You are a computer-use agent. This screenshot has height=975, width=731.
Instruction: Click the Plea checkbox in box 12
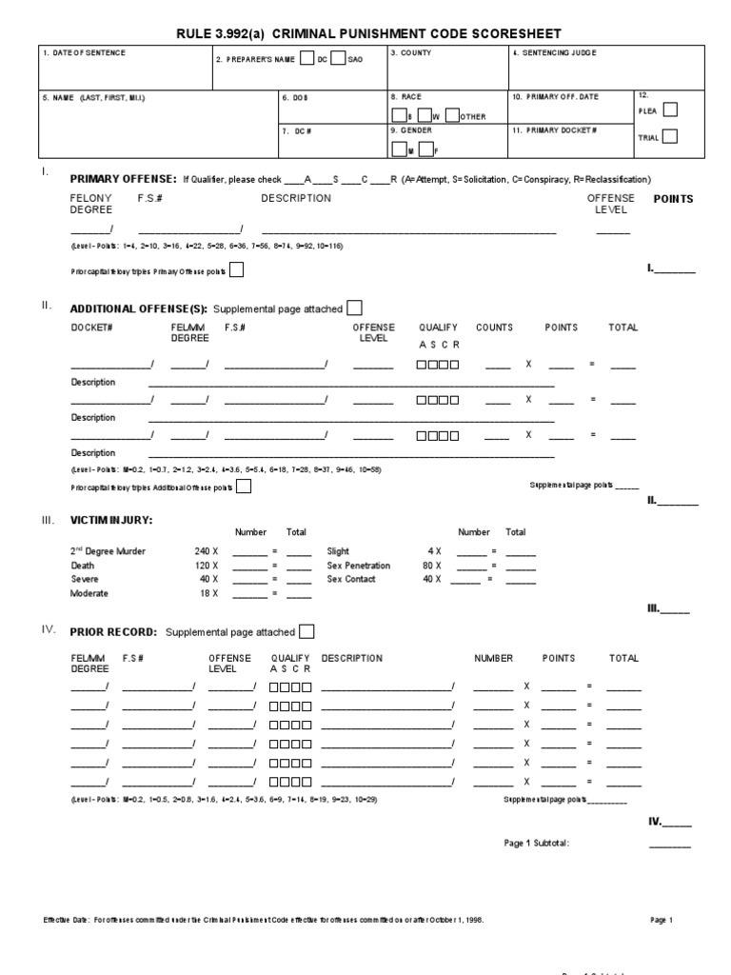click(x=670, y=109)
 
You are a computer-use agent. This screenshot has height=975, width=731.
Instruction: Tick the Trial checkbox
click(x=670, y=136)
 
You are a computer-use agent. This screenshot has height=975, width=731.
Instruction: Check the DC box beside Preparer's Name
click(x=306, y=58)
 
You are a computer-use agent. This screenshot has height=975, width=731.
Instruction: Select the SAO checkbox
click(x=338, y=58)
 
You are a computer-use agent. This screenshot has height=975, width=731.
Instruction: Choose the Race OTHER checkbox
click(x=453, y=115)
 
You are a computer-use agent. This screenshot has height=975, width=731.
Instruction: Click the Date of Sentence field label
click(x=85, y=53)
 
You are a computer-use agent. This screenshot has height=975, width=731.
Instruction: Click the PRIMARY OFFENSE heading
click(x=123, y=179)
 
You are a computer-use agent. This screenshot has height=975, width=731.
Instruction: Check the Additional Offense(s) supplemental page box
click(x=354, y=308)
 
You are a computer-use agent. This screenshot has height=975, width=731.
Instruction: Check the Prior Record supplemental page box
click(x=306, y=631)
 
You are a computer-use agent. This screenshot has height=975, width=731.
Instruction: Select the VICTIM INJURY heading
click(x=111, y=520)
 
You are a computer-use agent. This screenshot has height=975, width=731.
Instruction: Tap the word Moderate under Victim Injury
click(x=91, y=593)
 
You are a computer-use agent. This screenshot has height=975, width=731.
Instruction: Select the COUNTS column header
click(x=494, y=328)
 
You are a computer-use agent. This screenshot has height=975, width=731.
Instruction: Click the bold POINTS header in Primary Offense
click(x=673, y=199)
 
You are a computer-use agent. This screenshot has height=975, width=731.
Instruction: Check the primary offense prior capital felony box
click(x=236, y=270)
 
